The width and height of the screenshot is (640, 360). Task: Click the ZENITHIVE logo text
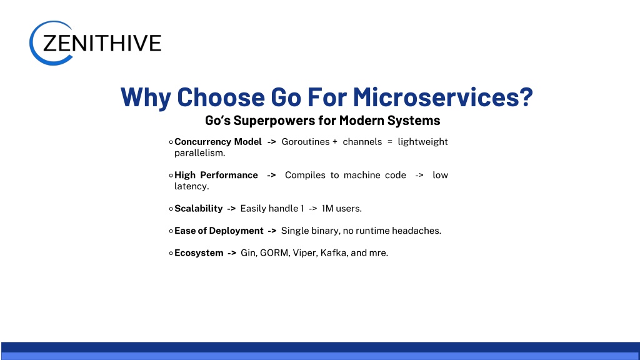point(102,43)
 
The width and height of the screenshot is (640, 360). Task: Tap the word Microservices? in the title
point(443,97)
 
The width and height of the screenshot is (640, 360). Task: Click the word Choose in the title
point(221,97)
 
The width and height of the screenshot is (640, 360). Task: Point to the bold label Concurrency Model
point(218,142)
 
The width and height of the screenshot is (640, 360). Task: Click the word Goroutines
point(305,142)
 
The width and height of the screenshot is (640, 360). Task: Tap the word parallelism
point(199,153)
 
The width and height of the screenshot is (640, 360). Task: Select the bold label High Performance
point(216,175)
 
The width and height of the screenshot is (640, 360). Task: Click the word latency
point(191,186)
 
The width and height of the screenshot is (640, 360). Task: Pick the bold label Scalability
point(198,209)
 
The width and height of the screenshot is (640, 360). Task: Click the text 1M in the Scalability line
point(327,209)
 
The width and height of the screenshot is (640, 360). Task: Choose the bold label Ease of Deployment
point(219,231)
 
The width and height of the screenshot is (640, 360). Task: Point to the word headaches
point(416,231)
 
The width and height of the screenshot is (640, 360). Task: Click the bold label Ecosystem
point(199,253)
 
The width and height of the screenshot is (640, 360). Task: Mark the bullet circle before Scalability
point(171,209)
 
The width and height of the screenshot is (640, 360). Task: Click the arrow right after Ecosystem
point(232,253)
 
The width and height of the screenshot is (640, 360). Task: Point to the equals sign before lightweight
point(390,142)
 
